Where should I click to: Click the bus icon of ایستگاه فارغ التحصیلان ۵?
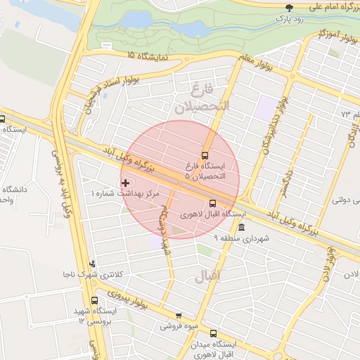[x=205, y=155]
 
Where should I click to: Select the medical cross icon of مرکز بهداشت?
[x=126, y=183]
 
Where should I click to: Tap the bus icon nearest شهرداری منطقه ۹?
[x=233, y=203]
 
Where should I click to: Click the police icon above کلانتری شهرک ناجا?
[x=92, y=264]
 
